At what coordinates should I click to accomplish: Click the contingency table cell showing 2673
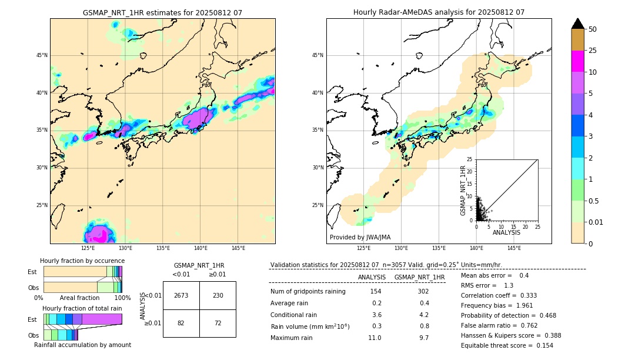[181, 295]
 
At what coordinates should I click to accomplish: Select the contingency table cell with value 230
[218, 295]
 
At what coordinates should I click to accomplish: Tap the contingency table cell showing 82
[181, 324]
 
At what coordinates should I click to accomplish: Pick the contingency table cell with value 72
[218, 324]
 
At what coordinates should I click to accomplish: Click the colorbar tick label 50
[593, 29]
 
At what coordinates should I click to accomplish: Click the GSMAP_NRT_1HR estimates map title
[162, 12]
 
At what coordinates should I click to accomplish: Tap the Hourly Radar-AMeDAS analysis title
[439, 12]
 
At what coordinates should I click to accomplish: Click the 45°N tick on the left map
[42, 55]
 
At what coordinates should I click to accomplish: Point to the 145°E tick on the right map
[514, 248]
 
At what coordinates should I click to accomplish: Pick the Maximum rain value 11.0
[375, 338]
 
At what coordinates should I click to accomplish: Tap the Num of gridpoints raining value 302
[423, 291]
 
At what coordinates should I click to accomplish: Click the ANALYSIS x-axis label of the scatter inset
[506, 232]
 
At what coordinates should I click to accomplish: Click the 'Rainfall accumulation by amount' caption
[82, 345]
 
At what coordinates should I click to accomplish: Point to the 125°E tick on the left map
[88, 248]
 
